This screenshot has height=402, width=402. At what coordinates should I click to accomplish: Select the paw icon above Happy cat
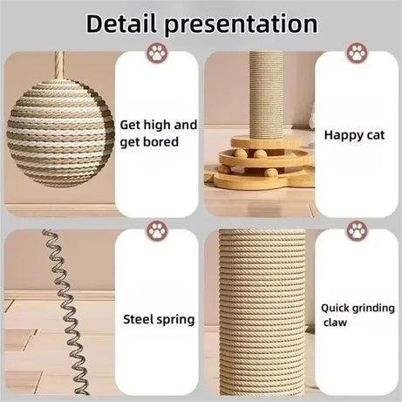click(357, 52)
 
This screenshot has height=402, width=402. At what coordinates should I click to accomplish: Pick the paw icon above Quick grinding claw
click(357, 232)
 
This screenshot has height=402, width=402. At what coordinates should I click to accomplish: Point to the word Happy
click(342, 134)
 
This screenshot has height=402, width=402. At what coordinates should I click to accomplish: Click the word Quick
click(336, 307)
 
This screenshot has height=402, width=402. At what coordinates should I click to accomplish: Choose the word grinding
click(374, 308)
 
